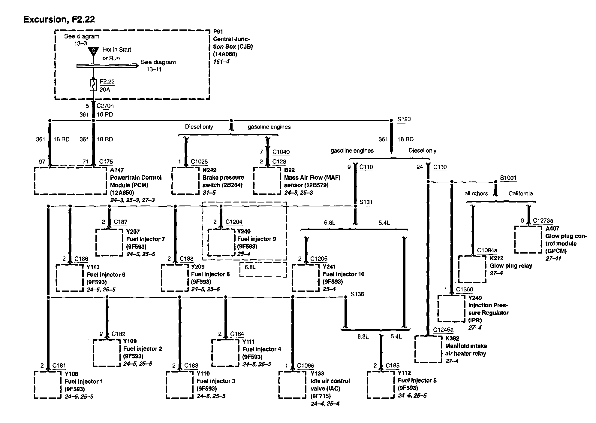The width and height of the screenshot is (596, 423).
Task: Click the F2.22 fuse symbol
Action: (93, 85)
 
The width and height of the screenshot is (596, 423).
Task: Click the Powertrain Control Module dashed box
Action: (70, 181)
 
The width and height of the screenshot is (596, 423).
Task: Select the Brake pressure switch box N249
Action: (185, 181)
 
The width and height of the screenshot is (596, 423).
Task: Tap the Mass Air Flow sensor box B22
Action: (267, 181)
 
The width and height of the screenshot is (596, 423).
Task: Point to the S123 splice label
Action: (404, 119)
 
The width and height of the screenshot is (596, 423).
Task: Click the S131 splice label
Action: (366, 202)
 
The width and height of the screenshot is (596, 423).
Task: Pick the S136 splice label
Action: (357, 294)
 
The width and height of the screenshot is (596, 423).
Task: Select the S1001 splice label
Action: (508, 178)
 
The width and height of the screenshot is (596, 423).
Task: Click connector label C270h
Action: (105, 106)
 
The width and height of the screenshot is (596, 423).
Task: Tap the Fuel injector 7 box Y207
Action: (109, 242)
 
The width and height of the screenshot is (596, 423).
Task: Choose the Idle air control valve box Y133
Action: (292, 385)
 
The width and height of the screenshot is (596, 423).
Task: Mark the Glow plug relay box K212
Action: (472, 269)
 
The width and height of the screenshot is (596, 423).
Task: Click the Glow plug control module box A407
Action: (528, 240)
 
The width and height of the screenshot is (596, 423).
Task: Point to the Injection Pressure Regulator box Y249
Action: (451, 308)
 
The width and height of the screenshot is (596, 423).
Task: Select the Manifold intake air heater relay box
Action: (429, 349)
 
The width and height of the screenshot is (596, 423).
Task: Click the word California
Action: (520, 193)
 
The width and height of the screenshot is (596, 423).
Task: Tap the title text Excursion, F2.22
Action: (59, 20)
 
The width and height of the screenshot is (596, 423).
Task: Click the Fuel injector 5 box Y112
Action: (381, 385)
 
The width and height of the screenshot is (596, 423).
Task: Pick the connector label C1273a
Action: (543, 221)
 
